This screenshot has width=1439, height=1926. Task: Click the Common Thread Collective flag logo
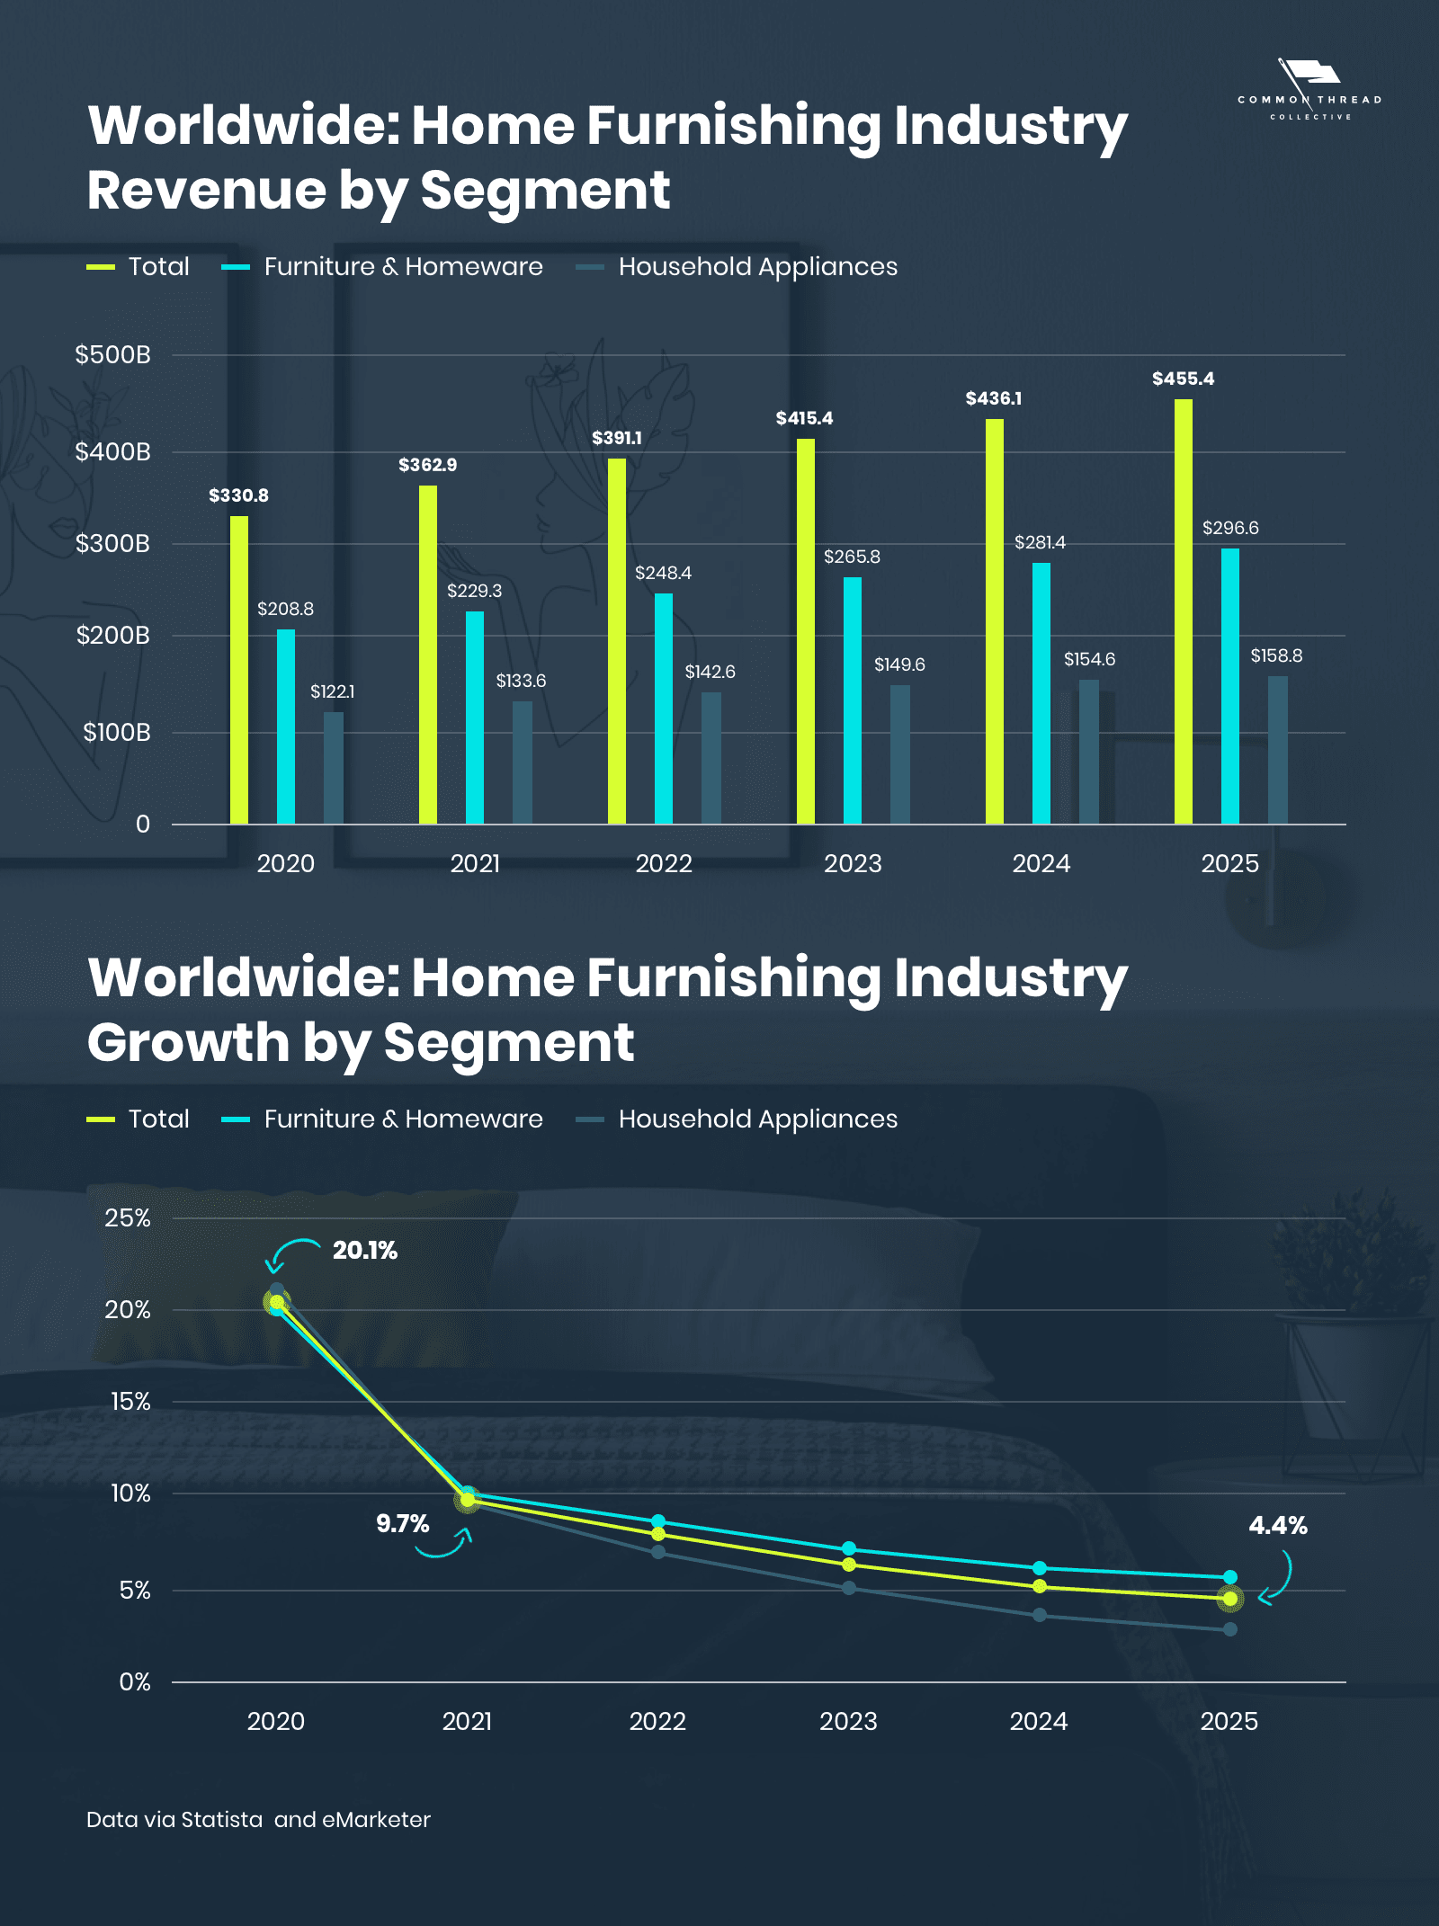coord(1309,74)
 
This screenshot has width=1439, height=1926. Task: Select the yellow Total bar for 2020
coord(239,670)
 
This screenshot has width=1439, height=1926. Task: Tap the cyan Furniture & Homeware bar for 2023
coord(852,700)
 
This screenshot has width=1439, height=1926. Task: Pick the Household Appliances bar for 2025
coord(1277,750)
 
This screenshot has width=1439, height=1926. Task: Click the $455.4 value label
coord(1183,379)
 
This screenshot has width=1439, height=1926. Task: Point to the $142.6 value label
coord(710,672)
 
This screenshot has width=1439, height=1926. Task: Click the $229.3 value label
coord(474,591)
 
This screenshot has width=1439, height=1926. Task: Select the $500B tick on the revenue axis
coord(112,354)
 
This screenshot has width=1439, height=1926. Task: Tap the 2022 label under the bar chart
coord(664,863)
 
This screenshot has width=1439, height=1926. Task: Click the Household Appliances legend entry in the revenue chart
coord(757,266)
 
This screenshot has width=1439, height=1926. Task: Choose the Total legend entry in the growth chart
coord(158,1119)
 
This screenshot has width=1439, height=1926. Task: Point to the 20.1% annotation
coord(364,1250)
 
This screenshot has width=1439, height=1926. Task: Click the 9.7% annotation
coord(402,1523)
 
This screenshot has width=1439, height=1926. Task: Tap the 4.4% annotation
coord(1277,1525)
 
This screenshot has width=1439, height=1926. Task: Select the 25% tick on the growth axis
coord(128,1218)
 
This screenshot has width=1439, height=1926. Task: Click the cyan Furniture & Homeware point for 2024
coord(1040,1568)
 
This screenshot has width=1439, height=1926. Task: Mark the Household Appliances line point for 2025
coord(1230,1629)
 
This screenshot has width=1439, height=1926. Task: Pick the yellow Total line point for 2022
coord(658,1534)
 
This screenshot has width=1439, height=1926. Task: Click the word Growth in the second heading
coord(188,1043)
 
